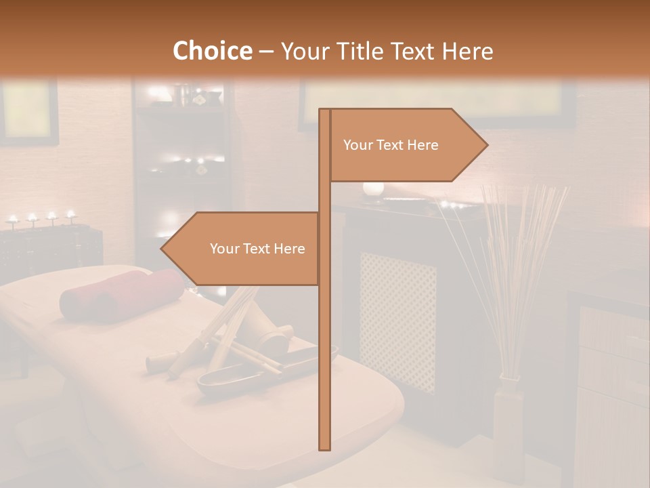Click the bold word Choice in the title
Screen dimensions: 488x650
212,51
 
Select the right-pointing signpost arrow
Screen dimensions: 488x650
406,145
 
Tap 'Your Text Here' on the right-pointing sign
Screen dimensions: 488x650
391,145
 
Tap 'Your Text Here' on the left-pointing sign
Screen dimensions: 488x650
257,249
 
